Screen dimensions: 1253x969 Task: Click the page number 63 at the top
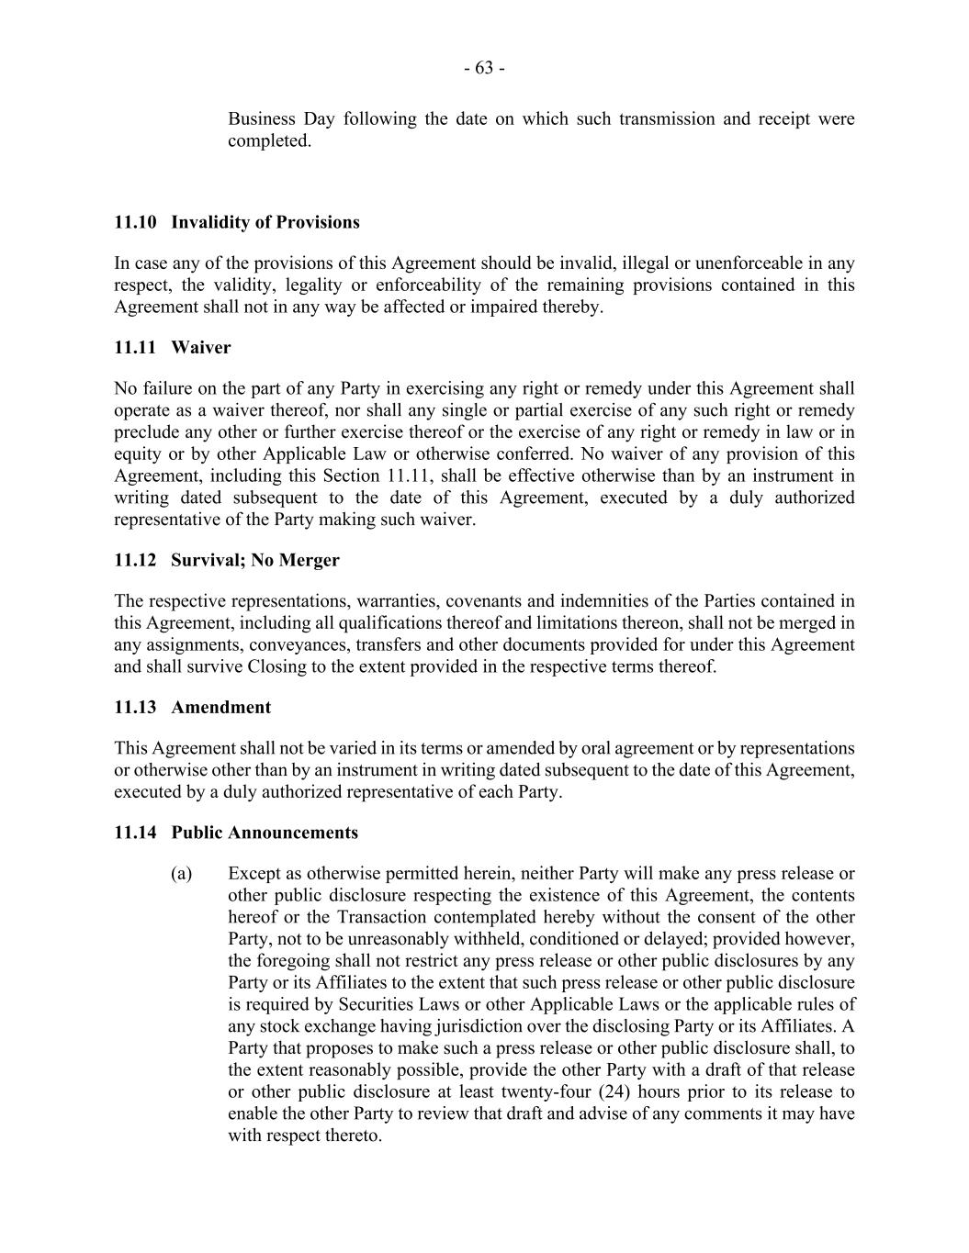point(484,68)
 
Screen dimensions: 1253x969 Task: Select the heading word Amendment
point(221,707)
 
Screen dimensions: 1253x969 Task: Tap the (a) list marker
point(181,873)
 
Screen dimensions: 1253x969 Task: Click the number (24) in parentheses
point(612,1091)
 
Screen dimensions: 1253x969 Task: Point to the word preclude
point(145,431)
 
